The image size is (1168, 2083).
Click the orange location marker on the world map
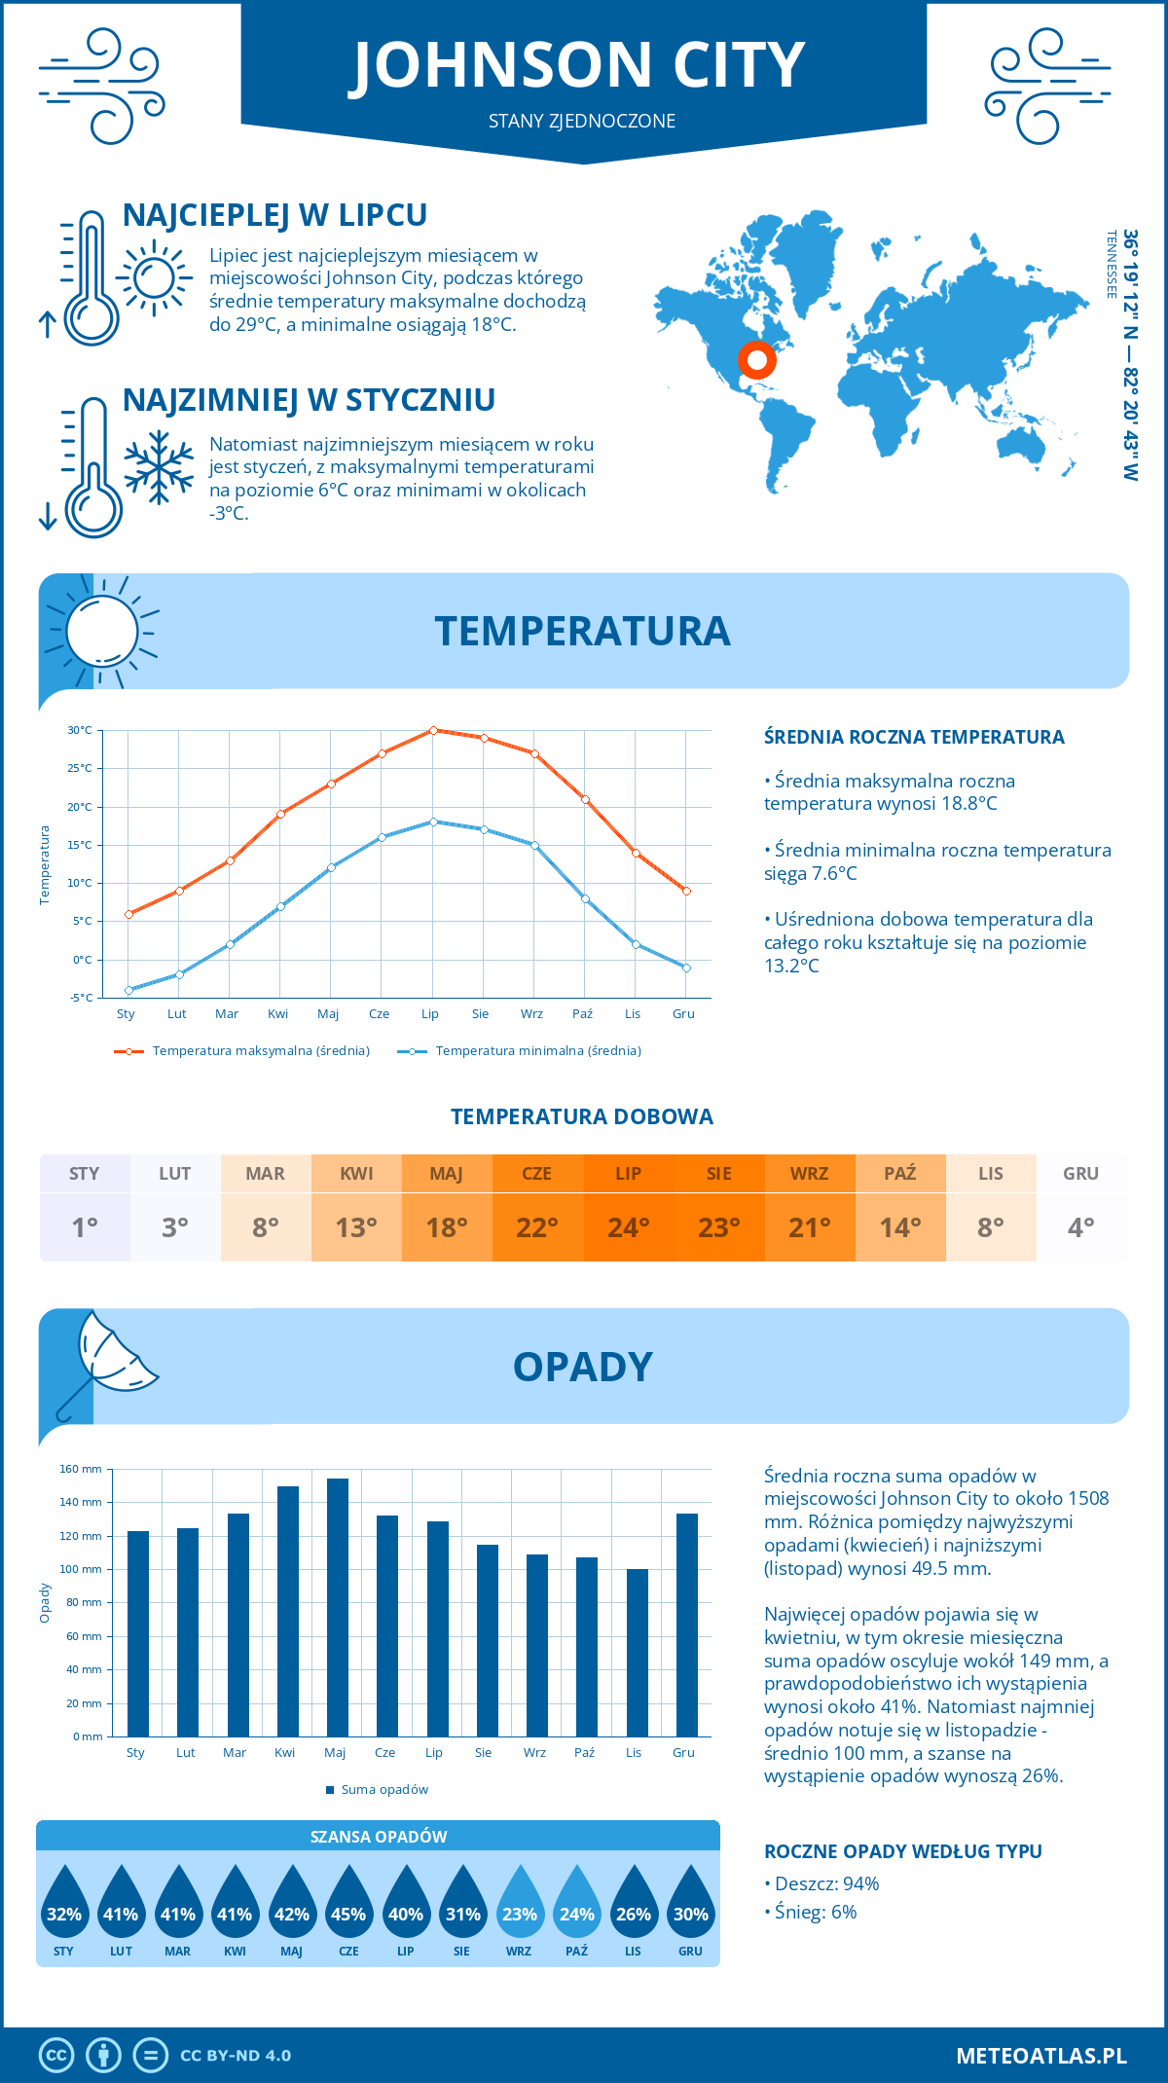(756, 360)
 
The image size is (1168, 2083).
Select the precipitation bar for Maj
(338, 1606)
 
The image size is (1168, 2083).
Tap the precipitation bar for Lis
(638, 1652)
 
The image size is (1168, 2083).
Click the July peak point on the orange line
(433, 730)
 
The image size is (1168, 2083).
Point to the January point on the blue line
(128, 990)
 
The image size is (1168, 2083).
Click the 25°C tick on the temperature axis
(80, 768)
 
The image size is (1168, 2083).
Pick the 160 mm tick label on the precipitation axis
(82, 1469)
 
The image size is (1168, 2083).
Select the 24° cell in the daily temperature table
(628, 1227)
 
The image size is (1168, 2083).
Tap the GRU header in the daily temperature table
(1080, 1174)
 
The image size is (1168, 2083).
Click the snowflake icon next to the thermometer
(159, 467)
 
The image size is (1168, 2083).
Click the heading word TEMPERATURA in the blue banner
(582, 631)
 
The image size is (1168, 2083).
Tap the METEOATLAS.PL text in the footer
(1040, 2055)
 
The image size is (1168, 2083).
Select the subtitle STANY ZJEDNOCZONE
(582, 121)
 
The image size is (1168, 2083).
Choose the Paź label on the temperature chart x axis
(582, 1013)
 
